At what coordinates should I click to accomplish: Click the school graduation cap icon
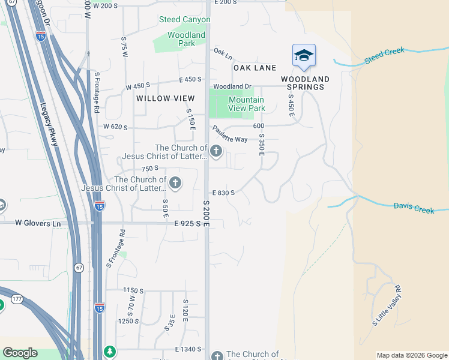[x=304, y=56]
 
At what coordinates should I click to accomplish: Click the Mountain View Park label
[x=246, y=104]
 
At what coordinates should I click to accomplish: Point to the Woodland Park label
[x=186, y=39]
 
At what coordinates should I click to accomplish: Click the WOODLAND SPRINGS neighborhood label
[x=305, y=83]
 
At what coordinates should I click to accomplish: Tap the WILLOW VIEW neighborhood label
[x=165, y=98]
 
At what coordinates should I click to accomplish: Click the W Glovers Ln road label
[x=38, y=223]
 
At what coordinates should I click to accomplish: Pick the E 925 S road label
[x=187, y=223]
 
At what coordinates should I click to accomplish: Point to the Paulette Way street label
[x=228, y=134]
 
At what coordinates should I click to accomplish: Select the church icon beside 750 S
[x=175, y=182]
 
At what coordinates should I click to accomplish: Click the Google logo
[x=20, y=353]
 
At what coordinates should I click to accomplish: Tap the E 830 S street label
[x=223, y=193]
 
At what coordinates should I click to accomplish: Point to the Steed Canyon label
[x=184, y=20]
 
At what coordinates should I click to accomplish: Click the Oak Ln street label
[x=223, y=55]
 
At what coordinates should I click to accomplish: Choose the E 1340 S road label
[x=188, y=349]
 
